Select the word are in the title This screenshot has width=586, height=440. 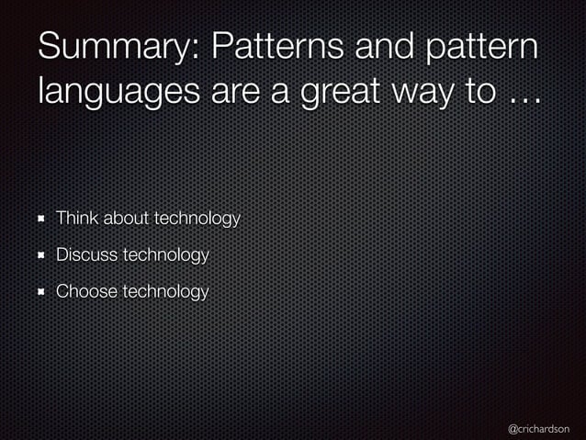[225, 94]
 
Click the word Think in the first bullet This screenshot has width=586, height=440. [77, 218]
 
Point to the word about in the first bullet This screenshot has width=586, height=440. [127, 218]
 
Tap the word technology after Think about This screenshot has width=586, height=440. [197, 219]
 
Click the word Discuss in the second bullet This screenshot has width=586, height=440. [86, 254]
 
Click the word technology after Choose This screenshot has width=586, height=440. [165, 292]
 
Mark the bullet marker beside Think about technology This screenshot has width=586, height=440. [42, 219]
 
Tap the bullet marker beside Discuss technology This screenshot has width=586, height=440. [42, 255]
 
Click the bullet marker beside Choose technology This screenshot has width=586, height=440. [42, 292]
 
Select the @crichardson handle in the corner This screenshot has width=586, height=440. [538, 428]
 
